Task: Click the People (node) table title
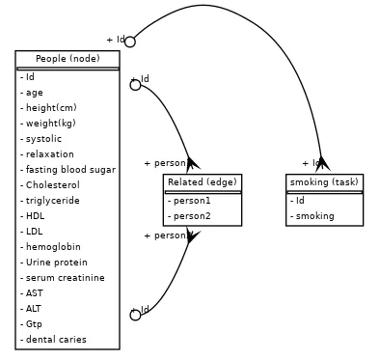68,59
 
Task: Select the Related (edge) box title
202,182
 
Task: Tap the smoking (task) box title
324,182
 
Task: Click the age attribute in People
34,93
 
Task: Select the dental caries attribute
56,340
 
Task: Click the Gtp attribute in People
34,324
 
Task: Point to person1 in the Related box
191,201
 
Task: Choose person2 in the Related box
191,216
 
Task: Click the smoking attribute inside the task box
314,216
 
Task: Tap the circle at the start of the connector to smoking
130,42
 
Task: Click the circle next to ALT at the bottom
135,315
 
